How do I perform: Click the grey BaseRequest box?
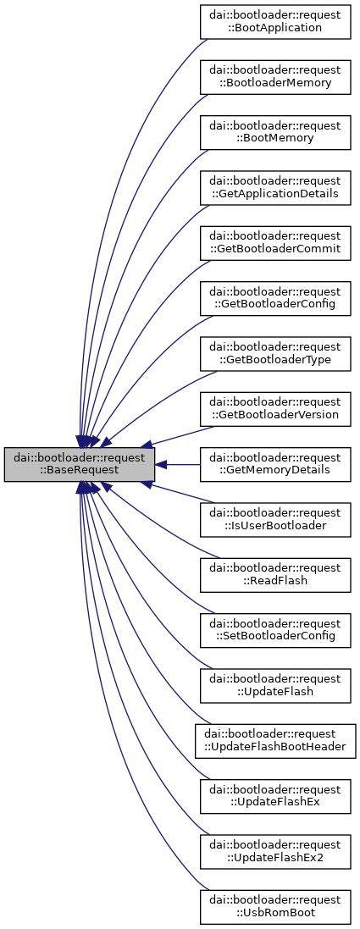80,464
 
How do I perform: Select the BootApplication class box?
275,21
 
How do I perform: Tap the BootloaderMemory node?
275,76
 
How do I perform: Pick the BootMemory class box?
275,132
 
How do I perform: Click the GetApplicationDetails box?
275,187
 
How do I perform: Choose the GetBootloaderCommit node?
275,242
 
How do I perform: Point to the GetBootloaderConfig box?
275,298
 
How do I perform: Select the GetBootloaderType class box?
275,353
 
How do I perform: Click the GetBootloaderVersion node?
275,408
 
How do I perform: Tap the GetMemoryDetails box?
275,464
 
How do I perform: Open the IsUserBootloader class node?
275,519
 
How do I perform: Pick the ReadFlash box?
275,574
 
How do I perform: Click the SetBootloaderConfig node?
275,630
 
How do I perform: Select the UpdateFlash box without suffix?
275,685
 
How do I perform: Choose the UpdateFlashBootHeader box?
275,740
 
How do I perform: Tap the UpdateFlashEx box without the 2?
275,796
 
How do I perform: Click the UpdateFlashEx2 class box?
275,851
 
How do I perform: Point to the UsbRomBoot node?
275,906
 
